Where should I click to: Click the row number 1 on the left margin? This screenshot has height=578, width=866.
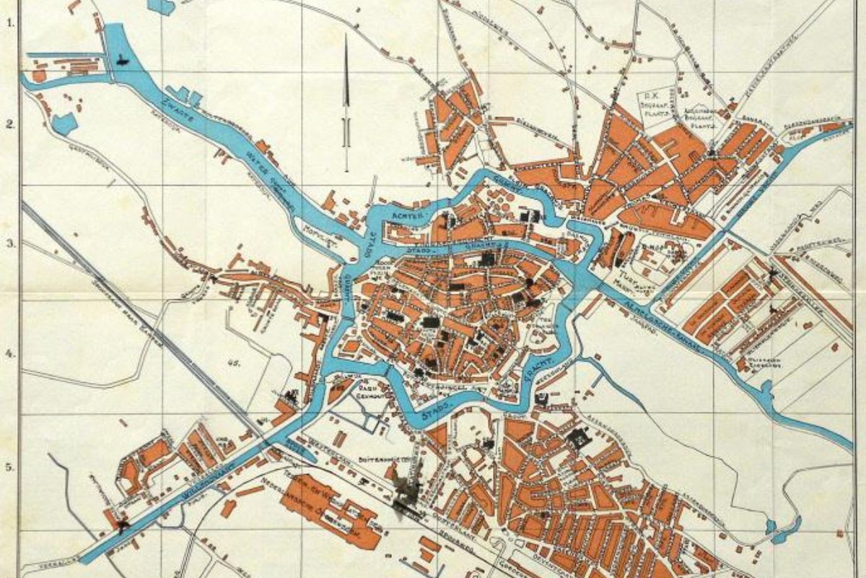pyautogui.click(x=11, y=22)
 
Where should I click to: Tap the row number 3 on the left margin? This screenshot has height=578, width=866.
pyautogui.click(x=11, y=243)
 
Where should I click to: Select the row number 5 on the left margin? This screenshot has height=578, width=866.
pyautogui.click(x=11, y=467)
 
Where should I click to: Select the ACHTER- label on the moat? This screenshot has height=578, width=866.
pyautogui.click(x=405, y=215)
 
